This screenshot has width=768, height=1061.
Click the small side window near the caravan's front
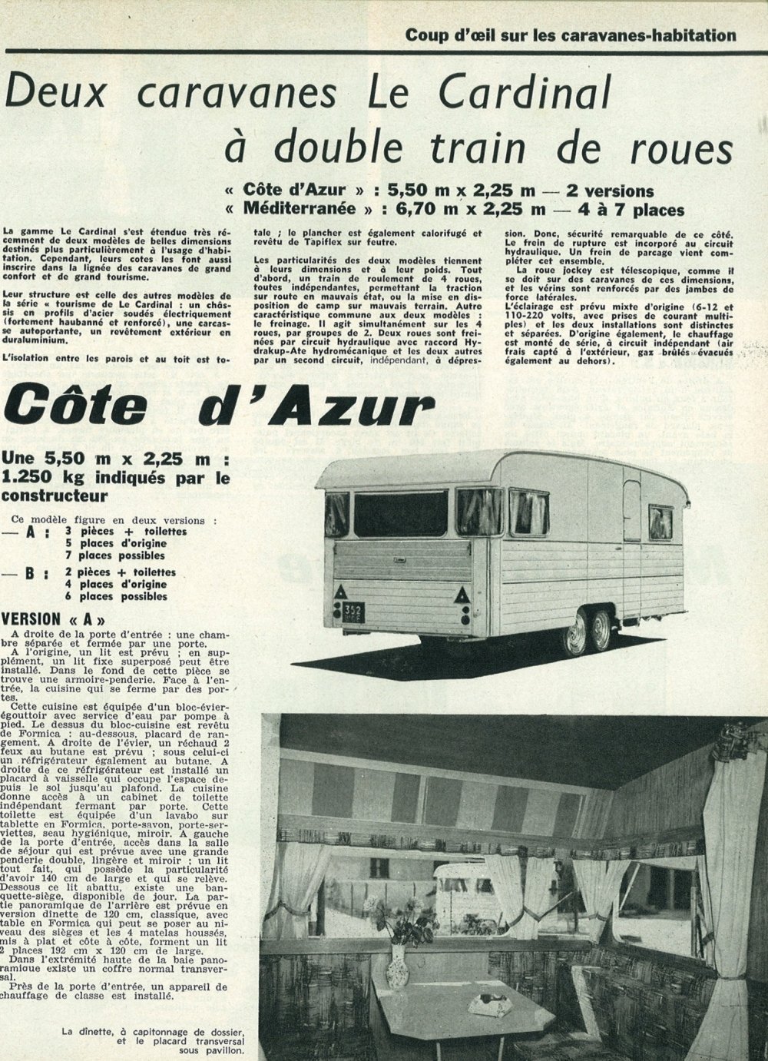pyautogui.click(x=660, y=523)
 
